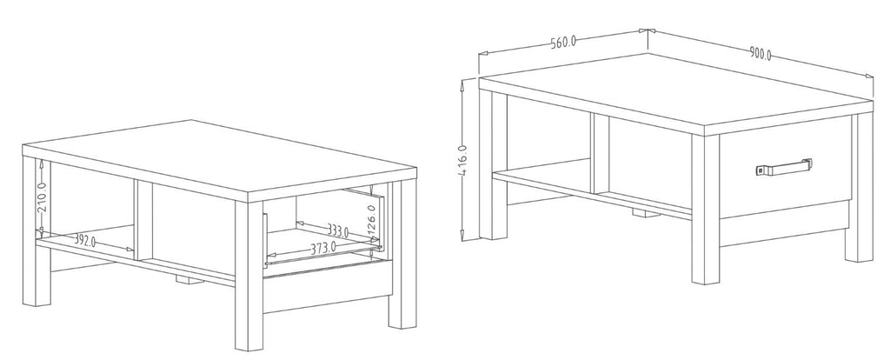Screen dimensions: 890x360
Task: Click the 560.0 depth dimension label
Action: point(563,42)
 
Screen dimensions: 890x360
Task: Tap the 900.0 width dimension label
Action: point(760,54)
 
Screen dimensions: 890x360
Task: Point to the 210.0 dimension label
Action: point(43,197)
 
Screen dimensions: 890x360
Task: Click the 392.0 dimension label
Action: point(85,241)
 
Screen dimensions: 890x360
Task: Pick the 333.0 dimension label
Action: point(337,230)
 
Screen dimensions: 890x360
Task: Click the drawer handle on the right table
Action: point(783,167)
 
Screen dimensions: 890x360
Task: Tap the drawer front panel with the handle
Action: point(786,167)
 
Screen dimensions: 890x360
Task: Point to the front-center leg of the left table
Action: point(249,276)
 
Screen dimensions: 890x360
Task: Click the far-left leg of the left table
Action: point(37,231)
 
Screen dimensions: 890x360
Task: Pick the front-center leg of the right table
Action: point(706,210)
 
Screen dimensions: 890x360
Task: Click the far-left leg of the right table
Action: point(493,164)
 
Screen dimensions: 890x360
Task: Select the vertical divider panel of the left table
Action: point(143,220)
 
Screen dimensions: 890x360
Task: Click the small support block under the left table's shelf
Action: point(190,279)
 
